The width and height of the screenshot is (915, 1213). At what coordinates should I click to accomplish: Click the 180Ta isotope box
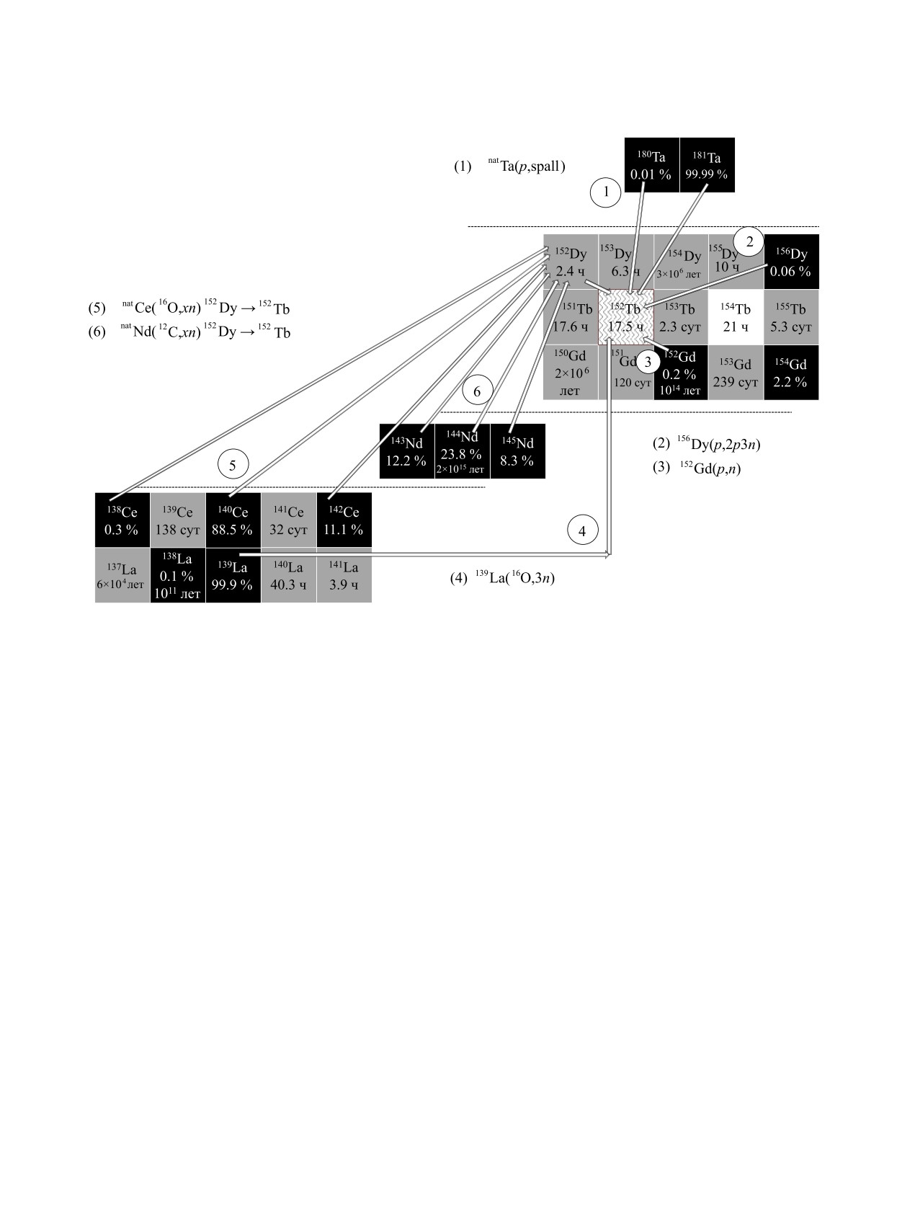click(x=651, y=165)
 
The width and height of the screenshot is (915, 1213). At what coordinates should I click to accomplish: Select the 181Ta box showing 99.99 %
click(x=707, y=165)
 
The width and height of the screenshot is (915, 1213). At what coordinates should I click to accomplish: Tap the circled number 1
click(x=606, y=192)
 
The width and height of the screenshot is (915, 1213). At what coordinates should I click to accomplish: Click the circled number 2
click(x=749, y=241)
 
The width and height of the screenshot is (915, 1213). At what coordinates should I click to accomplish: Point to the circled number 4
click(x=583, y=531)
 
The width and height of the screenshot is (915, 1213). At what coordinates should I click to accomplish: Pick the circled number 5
click(x=232, y=466)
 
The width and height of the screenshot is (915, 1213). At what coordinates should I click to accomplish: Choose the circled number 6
click(x=477, y=391)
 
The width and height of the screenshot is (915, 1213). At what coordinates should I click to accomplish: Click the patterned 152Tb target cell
click(x=625, y=317)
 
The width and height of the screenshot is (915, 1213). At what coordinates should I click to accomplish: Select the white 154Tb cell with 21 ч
click(x=736, y=317)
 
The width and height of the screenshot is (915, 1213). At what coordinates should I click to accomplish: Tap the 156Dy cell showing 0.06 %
click(x=791, y=262)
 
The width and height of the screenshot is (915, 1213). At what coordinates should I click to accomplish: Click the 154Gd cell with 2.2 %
click(x=791, y=373)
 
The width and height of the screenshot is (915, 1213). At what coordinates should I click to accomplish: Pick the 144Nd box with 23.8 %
click(x=462, y=451)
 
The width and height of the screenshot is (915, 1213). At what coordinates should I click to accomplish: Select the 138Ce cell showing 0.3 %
click(x=122, y=520)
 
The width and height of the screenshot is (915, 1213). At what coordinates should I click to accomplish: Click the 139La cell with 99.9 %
click(x=233, y=575)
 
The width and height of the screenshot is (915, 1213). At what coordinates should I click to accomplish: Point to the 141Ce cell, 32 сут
click(x=288, y=520)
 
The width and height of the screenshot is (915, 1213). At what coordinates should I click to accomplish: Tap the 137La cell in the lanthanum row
click(x=122, y=575)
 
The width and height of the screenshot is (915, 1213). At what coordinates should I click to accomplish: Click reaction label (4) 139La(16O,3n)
click(x=502, y=577)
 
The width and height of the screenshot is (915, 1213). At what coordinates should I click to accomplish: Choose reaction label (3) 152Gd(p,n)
click(x=697, y=468)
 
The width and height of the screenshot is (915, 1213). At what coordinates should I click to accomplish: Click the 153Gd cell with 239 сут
click(x=736, y=373)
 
